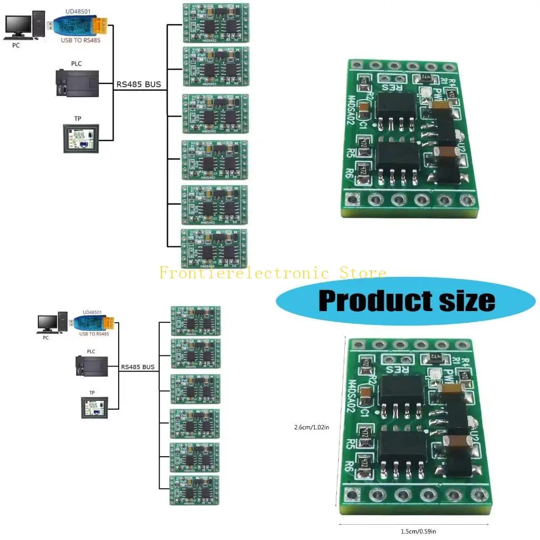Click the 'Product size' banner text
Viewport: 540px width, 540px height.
(407, 300)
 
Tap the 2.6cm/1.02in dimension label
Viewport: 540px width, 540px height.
(312, 427)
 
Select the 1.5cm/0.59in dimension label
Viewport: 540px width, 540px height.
(414, 532)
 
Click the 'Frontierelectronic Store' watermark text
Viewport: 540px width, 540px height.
(273, 273)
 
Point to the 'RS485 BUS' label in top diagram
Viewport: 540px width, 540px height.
(139, 84)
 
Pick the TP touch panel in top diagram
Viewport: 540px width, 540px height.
(80, 139)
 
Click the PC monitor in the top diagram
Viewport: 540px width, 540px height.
(18, 26)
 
